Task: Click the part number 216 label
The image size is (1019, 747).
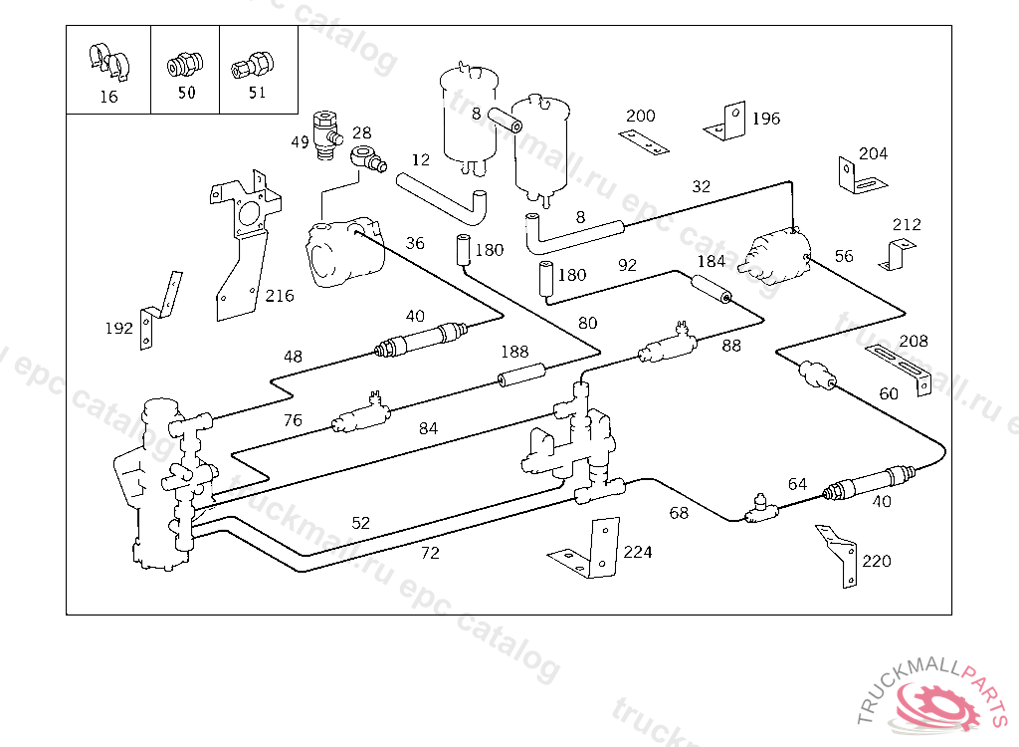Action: point(280,296)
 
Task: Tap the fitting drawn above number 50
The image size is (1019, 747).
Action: point(181,66)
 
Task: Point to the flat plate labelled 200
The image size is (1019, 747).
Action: point(644,141)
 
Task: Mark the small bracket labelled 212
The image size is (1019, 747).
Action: point(897,255)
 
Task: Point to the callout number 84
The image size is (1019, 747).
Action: point(428,428)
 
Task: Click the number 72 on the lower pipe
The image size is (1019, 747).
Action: point(430,553)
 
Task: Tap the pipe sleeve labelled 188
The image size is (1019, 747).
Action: point(523,377)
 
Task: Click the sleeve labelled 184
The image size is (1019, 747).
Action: point(711,291)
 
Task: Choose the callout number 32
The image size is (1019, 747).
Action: point(702,186)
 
